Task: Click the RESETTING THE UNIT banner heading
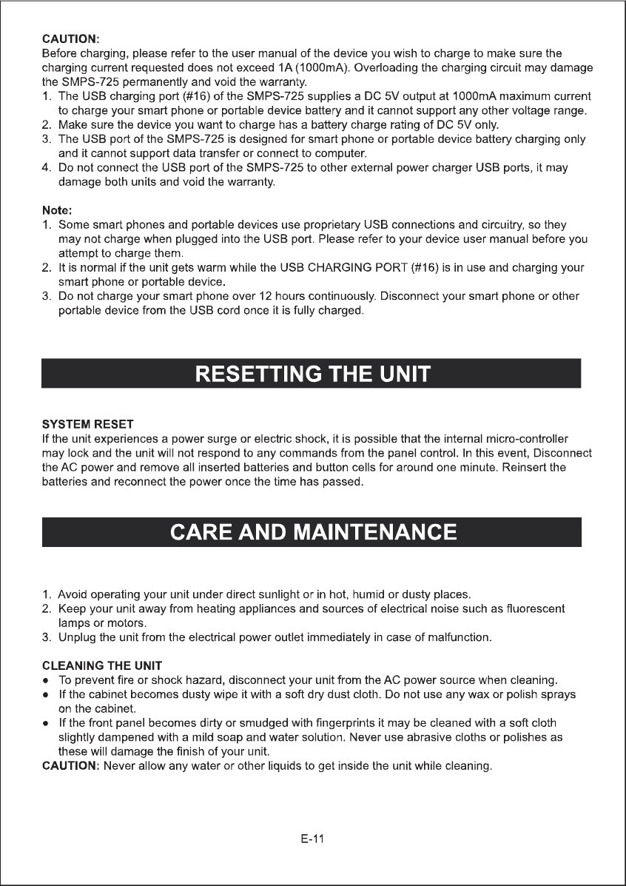pyautogui.click(x=312, y=373)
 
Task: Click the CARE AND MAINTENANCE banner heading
pyautogui.click(x=312, y=531)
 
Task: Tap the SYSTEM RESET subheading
pyautogui.click(x=87, y=424)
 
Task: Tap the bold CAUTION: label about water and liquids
pyautogui.click(x=70, y=766)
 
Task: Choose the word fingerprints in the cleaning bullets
pyautogui.click(x=408, y=722)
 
